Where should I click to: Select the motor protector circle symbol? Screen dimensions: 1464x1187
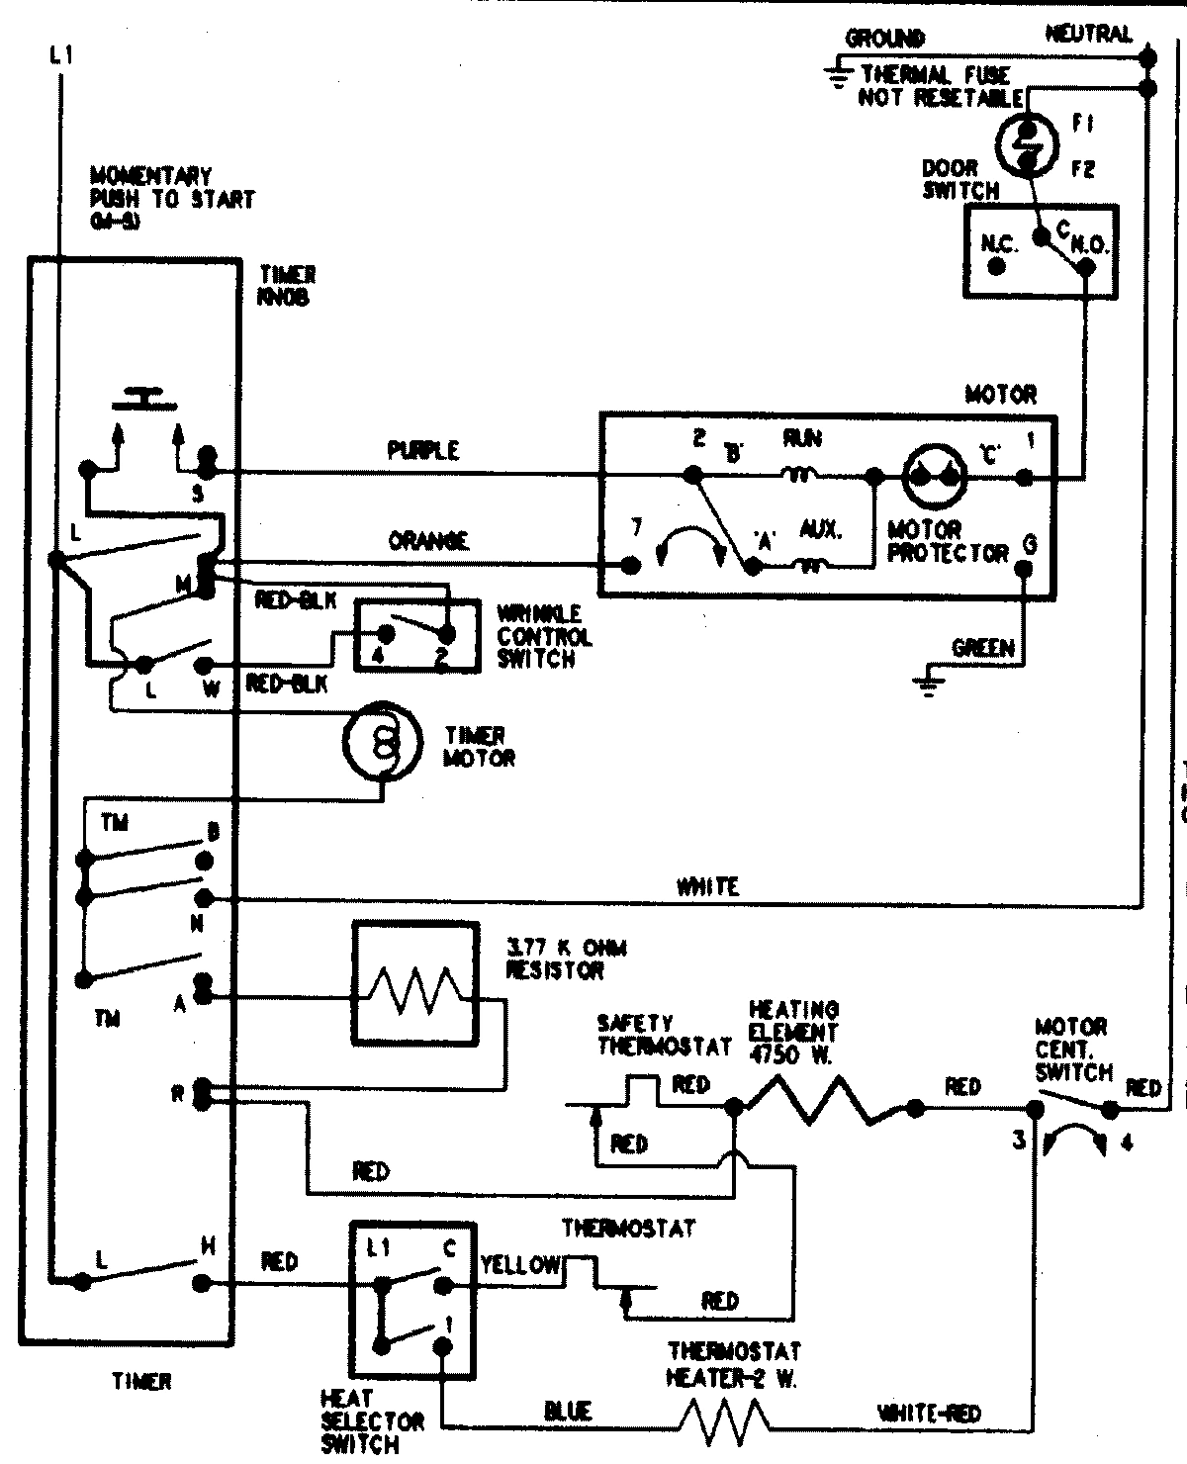click(x=933, y=476)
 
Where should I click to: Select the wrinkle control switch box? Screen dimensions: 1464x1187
click(x=416, y=636)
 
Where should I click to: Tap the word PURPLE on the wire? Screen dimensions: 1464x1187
click(x=423, y=451)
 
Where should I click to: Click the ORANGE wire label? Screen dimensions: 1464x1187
click(x=428, y=540)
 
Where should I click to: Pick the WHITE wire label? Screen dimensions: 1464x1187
click(x=707, y=887)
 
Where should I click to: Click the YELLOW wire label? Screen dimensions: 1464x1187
click(x=520, y=1264)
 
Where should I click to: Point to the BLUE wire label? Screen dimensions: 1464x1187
click(x=568, y=1411)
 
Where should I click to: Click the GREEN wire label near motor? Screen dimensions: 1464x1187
click(x=982, y=649)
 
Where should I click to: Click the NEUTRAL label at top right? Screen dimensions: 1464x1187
click(x=1088, y=35)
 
